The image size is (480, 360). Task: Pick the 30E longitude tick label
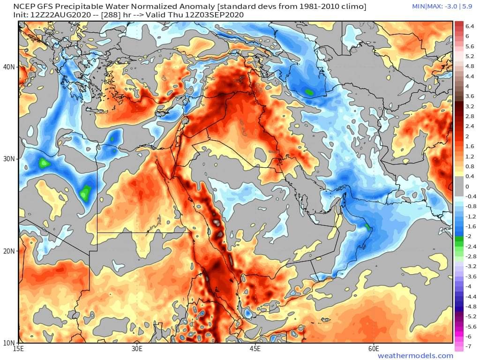[137, 349]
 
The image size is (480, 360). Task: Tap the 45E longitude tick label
[255, 349]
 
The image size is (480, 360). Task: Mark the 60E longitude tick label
[374, 349]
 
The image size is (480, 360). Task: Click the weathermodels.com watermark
[415, 356]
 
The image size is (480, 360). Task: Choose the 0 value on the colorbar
[467, 186]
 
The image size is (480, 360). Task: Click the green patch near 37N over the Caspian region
[309, 92]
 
